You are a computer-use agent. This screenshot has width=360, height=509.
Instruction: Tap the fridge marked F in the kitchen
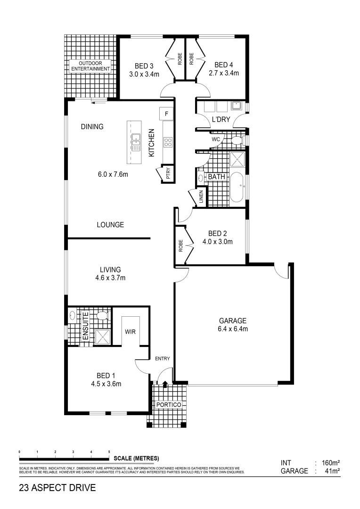[x=167, y=114]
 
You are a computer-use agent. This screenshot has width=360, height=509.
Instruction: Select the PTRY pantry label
[x=168, y=174]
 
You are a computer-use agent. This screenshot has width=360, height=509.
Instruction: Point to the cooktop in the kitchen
[x=168, y=142]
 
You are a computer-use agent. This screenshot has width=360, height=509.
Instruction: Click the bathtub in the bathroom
[x=237, y=187]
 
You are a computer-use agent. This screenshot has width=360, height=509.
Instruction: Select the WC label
[x=216, y=140]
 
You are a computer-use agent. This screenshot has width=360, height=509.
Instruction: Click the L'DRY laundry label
[x=221, y=120]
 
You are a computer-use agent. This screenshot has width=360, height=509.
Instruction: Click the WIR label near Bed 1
[x=131, y=332]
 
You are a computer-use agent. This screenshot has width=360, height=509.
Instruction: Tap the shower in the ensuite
[x=102, y=336]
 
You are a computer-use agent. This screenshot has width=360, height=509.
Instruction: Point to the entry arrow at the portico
[x=164, y=384]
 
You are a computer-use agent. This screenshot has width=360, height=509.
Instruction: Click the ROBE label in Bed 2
[x=180, y=245]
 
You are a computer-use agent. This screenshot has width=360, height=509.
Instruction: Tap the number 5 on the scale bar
[x=109, y=452]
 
